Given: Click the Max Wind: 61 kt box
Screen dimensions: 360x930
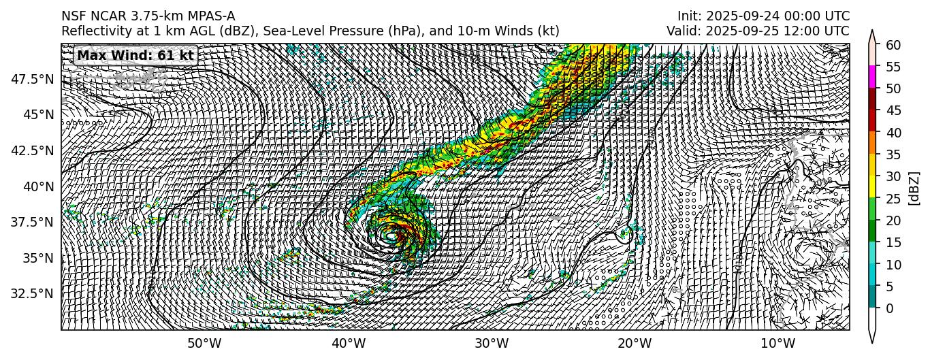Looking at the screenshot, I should pos(135,55).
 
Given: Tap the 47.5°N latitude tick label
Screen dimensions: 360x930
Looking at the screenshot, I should pos(33,79).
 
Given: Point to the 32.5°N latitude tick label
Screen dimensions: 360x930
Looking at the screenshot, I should pos(33,294).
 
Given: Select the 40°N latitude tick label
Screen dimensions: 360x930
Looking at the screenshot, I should pos(38,186).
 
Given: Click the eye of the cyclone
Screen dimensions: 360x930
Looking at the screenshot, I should pos(392,235).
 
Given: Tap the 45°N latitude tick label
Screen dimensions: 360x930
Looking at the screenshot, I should pos(38,115).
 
